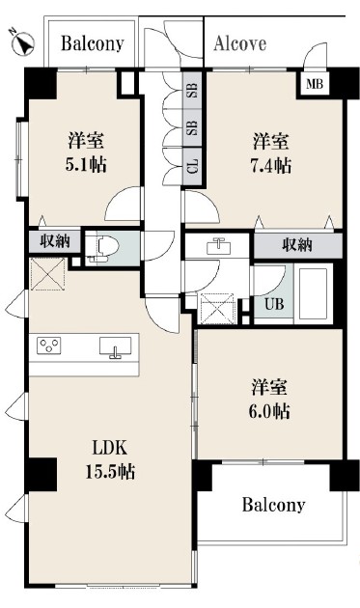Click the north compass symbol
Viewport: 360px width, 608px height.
23,42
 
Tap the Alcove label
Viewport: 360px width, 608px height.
239,43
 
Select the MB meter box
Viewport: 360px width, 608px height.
315,83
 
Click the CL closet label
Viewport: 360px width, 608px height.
193,166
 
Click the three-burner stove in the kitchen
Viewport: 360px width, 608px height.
49,345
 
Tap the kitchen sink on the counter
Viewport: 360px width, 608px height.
115,346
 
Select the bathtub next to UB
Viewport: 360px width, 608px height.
314,293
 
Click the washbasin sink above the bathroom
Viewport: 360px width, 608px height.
219,247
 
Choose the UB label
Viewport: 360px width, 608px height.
274,304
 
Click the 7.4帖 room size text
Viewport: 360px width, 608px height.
271,166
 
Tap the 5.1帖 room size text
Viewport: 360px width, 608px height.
85,165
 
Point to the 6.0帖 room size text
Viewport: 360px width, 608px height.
269,411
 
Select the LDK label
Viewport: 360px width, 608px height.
109,448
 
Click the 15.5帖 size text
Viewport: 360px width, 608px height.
110,472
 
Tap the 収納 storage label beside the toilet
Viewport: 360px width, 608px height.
55,241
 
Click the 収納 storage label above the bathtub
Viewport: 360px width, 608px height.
297,245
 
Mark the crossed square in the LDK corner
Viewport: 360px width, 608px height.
47,274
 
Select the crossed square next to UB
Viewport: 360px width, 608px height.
216,309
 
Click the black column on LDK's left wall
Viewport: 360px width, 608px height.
42,474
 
